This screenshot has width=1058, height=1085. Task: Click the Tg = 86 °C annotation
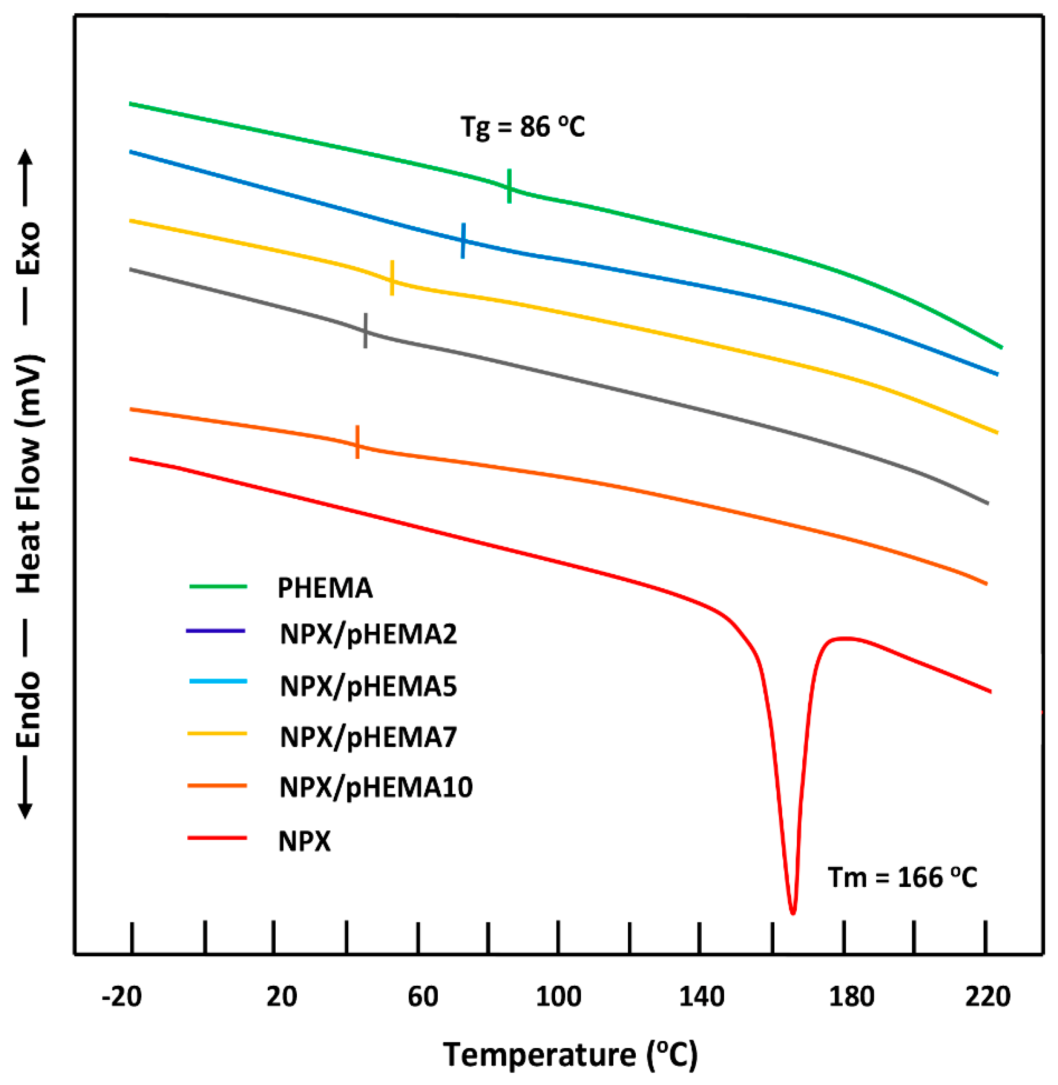coord(522,127)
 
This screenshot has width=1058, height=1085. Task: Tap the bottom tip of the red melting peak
coord(793,912)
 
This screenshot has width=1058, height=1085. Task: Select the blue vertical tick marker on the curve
coord(463,241)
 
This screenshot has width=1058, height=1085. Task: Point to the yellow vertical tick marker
coord(392,277)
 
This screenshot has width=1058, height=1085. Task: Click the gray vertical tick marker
coord(365,331)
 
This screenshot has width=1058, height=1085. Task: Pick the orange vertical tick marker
coord(357,442)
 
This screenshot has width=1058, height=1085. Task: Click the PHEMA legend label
coord(325,588)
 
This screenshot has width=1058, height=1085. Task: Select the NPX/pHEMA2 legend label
coord(368,634)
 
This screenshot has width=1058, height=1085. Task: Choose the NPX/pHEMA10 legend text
coord(375,787)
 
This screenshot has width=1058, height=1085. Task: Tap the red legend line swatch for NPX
coord(217,838)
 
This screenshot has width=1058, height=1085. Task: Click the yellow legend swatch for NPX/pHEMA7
coord(217,734)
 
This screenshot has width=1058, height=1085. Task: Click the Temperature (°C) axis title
coord(570,1055)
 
